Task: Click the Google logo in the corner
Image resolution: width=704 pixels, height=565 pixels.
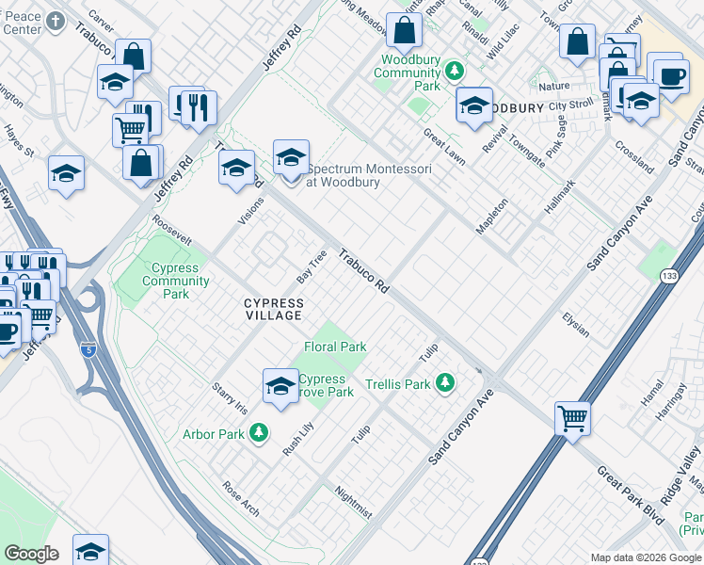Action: [31, 554]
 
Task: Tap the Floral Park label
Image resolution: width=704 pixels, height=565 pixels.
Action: [335, 347]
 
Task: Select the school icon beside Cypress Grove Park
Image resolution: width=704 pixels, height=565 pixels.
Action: [280, 386]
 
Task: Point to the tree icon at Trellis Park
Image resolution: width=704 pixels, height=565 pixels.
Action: [445, 383]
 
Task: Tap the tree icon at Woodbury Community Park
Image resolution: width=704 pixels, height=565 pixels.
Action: [455, 71]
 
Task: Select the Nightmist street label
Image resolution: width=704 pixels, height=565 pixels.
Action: [354, 501]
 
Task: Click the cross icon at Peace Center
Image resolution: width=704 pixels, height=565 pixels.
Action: [56, 21]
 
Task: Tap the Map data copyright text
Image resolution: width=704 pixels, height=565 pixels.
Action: [646, 557]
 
